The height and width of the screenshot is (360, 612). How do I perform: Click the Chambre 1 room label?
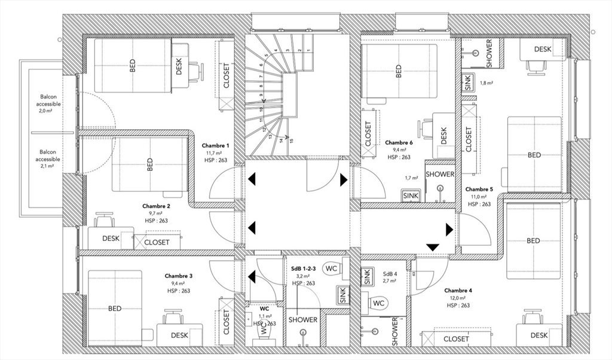(215, 146)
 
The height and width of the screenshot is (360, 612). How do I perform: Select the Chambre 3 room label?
(179, 276)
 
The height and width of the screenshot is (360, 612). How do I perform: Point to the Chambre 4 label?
(458, 291)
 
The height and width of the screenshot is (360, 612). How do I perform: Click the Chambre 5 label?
(479, 189)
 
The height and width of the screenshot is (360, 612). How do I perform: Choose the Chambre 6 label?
(399, 143)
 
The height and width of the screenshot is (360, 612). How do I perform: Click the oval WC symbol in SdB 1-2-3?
(331, 269)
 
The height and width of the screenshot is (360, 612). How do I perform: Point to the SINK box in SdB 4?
(367, 276)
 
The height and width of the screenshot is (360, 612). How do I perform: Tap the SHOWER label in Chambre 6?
(440, 175)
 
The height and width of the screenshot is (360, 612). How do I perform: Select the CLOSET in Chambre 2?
(157, 242)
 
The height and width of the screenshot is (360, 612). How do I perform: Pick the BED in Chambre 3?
(115, 309)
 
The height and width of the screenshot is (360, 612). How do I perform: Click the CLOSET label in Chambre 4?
(456, 338)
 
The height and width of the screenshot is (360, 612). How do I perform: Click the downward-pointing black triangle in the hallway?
(433, 247)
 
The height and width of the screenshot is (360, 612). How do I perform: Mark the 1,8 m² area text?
(486, 83)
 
